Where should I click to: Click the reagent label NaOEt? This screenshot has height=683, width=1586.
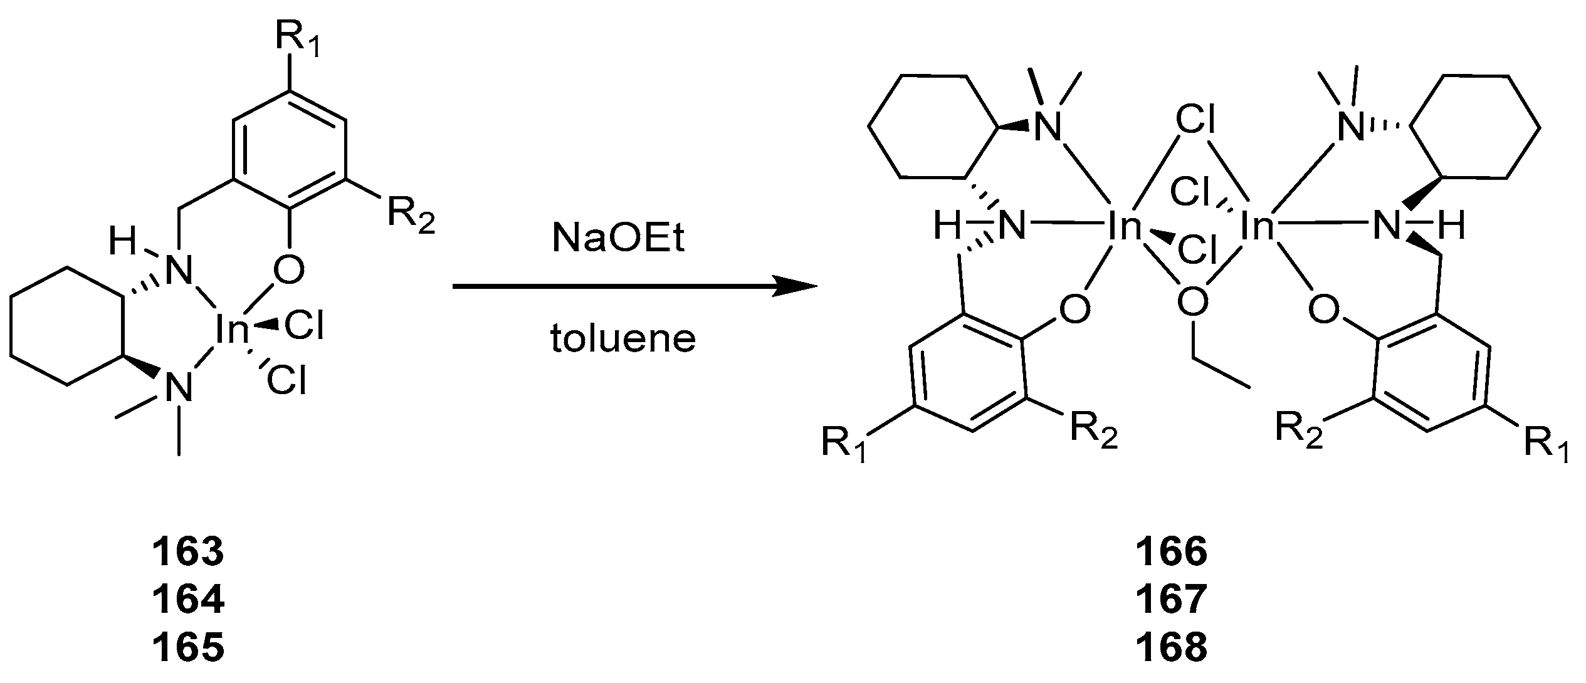coord(619,239)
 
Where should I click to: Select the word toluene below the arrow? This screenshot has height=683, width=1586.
coord(623,339)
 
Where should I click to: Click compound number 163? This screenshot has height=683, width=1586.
coord(188,551)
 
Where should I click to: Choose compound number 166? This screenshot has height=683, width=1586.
coord(1171,551)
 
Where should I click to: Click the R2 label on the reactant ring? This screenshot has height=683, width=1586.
coord(411,216)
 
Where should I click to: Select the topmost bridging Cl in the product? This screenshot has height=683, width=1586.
coord(1195,120)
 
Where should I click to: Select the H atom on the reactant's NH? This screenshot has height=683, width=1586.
coord(123,241)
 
